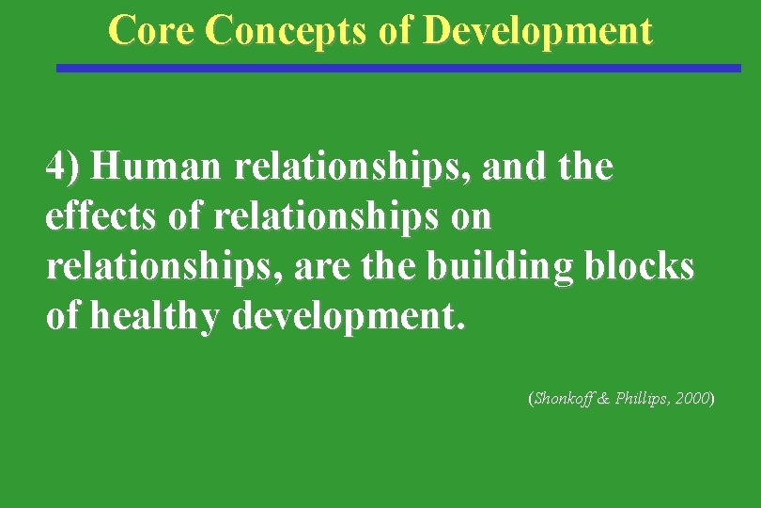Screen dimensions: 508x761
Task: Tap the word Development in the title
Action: click(x=537, y=30)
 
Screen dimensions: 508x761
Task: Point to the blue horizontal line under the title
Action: click(x=398, y=68)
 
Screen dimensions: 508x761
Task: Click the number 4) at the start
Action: click(x=64, y=168)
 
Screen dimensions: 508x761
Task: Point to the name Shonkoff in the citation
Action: click(x=560, y=399)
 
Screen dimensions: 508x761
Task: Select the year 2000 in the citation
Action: click(x=693, y=399)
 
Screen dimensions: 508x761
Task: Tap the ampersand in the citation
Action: click(x=602, y=399)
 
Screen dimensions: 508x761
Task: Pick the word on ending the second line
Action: click(x=471, y=217)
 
